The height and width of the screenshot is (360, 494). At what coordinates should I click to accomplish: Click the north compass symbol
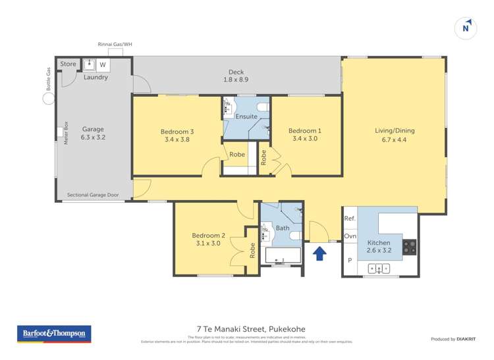pyautogui.click(x=466, y=28)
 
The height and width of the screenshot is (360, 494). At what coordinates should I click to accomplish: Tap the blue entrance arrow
pyautogui.click(x=319, y=253)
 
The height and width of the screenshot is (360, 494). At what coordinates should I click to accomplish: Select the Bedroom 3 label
pyautogui.click(x=177, y=131)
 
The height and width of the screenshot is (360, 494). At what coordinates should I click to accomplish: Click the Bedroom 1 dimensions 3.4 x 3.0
pyautogui.click(x=305, y=139)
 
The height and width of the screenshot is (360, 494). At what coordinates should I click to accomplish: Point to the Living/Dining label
pyautogui.click(x=394, y=130)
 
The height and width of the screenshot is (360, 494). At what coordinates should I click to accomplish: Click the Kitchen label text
pyautogui.click(x=378, y=243)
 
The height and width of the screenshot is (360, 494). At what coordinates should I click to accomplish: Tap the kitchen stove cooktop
pyautogui.click(x=410, y=246)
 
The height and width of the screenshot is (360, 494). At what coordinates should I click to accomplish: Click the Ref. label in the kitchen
pyautogui.click(x=349, y=219)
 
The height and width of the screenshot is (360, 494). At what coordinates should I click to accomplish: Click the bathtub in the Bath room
pyautogui.click(x=282, y=255)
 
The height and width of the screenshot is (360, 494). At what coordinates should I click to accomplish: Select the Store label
pyautogui.click(x=69, y=64)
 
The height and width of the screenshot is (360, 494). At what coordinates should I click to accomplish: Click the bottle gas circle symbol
pyautogui.click(x=49, y=98)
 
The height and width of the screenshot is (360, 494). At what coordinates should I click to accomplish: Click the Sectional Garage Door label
pyautogui.click(x=94, y=195)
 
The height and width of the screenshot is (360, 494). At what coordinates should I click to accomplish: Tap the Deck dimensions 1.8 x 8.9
pyautogui.click(x=236, y=81)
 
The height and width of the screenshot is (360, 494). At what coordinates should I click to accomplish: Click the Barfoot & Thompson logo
pyautogui.click(x=53, y=334)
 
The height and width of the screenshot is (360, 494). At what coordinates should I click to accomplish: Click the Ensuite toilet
pyautogui.click(x=261, y=107)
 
